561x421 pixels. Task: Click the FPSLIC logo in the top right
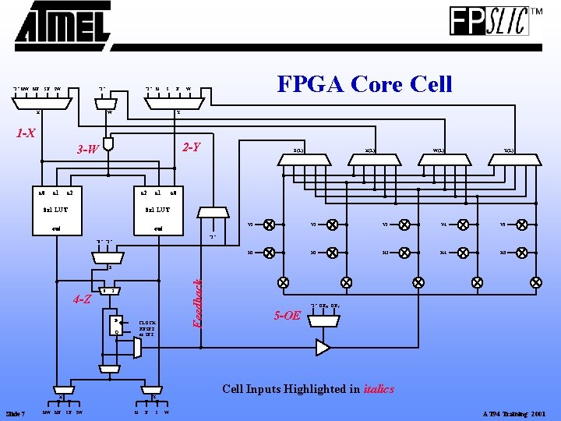pos(489,21)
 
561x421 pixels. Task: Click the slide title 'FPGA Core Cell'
pos(365,83)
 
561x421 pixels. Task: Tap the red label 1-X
pos(26,133)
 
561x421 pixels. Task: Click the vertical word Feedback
pos(198,293)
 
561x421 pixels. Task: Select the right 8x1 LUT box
pos(158,210)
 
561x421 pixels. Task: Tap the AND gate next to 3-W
pos(110,144)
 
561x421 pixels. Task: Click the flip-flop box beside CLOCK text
pos(118,326)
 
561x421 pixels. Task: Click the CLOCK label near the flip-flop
pos(147,322)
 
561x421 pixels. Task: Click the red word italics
pos(379,389)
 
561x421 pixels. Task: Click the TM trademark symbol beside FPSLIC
pos(537,12)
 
